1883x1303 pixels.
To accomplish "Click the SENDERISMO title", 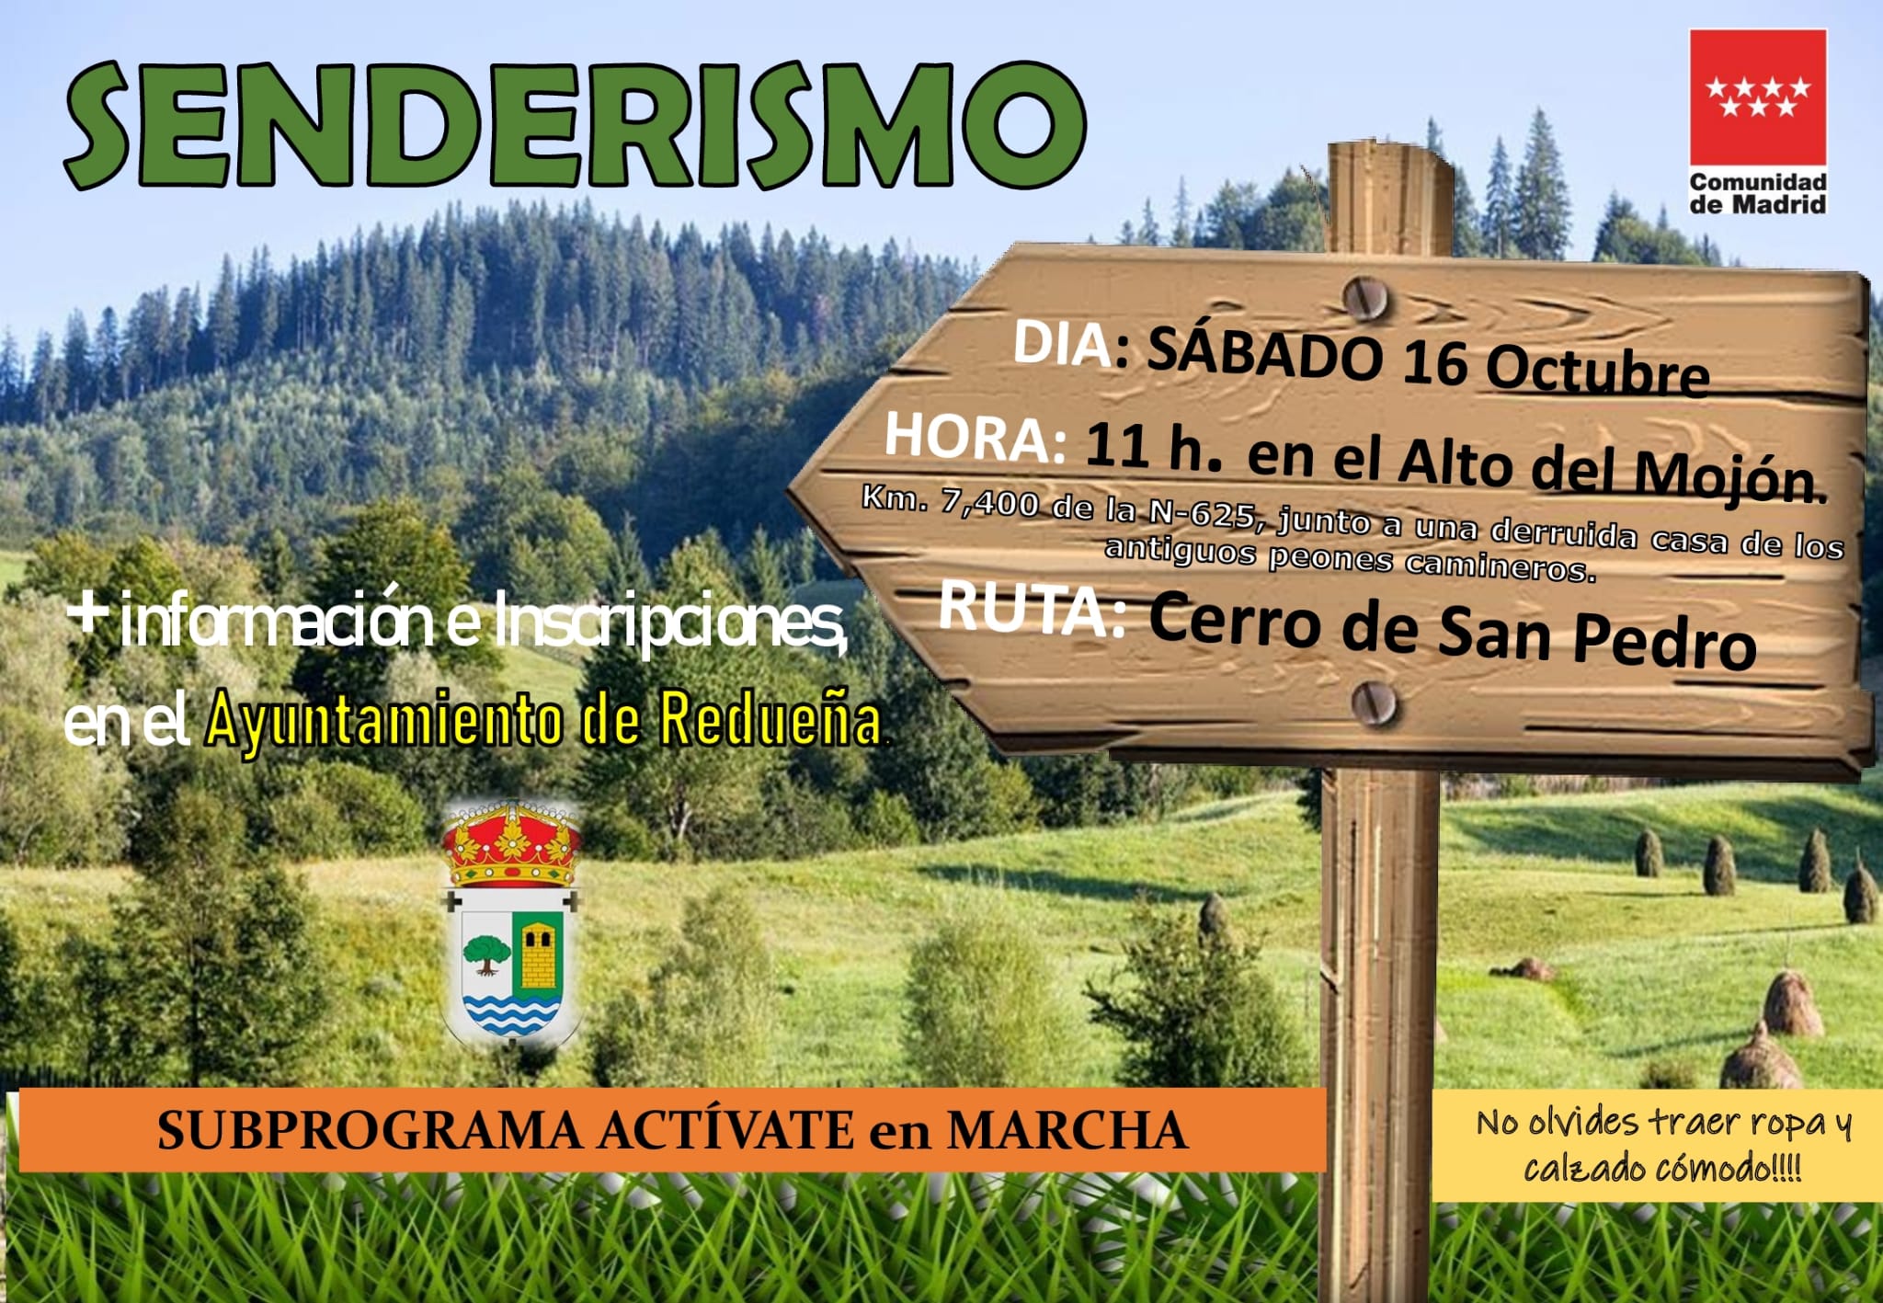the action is tap(575, 126).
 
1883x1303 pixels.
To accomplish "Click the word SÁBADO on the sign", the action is tap(1265, 353).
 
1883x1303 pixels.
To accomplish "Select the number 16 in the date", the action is tap(1435, 362).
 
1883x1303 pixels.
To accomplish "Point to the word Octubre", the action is tap(1598, 371).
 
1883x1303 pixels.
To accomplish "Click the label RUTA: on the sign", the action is tap(1033, 609).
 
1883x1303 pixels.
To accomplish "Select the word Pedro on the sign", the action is tap(1665, 639).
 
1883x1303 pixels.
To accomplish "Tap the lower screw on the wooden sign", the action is tap(1374, 704).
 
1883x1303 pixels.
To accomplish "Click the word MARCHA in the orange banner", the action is tap(1067, 1130).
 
